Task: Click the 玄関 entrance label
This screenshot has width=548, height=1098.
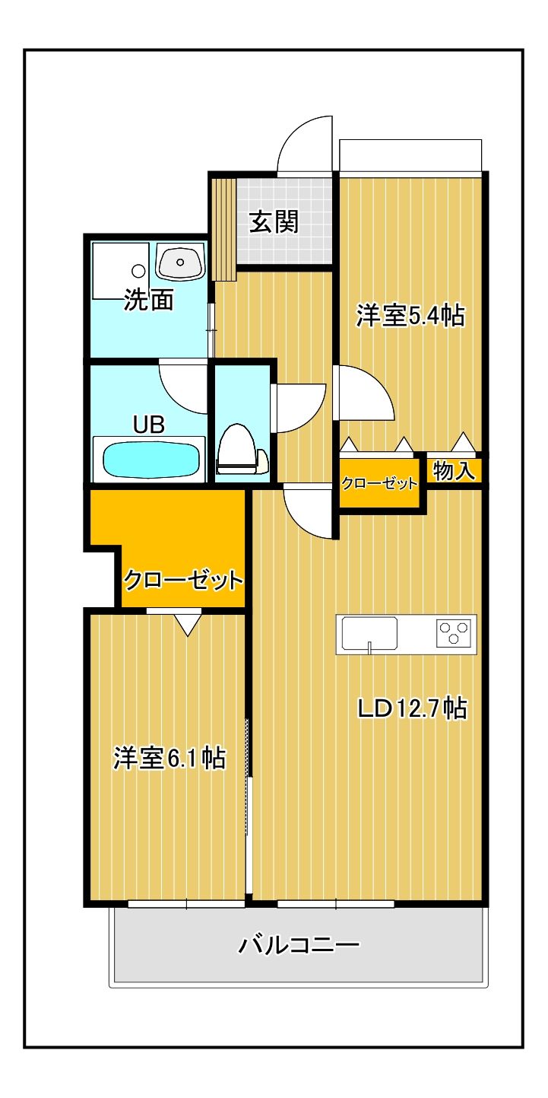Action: [x=274, y=222]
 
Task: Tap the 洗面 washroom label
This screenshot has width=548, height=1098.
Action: [x=149, y=301]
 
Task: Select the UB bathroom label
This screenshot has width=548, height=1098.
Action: [x=149, y=424]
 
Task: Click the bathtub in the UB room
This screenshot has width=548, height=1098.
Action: [x=151, y=460]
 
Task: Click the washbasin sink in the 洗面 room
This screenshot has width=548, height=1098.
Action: [x=181, y=263]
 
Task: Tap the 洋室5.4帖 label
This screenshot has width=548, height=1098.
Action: [x=410, y=316]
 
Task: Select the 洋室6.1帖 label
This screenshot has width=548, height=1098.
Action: [x=169, y=758]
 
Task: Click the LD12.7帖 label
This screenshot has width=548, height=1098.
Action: [x=412, y=708]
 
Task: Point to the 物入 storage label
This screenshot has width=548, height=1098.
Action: [x=454, y=471]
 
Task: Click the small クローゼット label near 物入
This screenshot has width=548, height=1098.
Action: [x=379, y=484]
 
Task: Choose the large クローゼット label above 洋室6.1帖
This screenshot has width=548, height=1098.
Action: [x=182, y=581]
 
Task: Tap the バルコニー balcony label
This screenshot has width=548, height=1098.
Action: [x=299, y=945]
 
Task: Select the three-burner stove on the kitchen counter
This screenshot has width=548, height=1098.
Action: [x=454, y=633]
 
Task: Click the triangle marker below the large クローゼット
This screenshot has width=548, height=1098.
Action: [x=187, y=624]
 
